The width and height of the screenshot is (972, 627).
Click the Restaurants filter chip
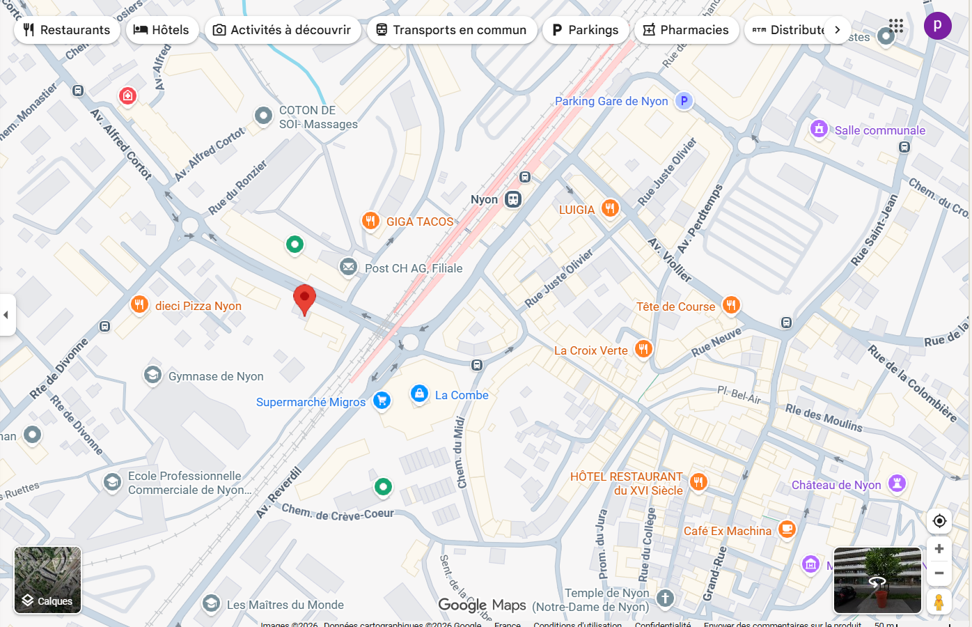67,30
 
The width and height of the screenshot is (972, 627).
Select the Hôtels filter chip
162,30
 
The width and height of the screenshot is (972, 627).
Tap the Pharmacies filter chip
686,30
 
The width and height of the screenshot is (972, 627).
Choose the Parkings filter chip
585,30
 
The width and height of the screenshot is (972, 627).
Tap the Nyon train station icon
513,200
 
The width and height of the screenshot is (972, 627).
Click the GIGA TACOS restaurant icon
370,221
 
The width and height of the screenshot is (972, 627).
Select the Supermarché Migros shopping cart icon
382,401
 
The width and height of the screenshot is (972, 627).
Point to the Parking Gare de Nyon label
611,101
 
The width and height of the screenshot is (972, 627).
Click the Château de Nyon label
836,485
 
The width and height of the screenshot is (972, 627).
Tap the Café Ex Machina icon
787,529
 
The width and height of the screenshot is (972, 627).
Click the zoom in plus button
939,549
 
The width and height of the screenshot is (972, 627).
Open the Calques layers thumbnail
48,580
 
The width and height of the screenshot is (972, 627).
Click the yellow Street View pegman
939,602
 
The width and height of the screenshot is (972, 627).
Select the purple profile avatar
937,26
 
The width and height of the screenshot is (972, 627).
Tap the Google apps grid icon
896,26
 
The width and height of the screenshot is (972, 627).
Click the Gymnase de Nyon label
216,376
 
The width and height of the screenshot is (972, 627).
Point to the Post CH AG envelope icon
348,267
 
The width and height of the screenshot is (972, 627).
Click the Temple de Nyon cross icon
666,598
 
